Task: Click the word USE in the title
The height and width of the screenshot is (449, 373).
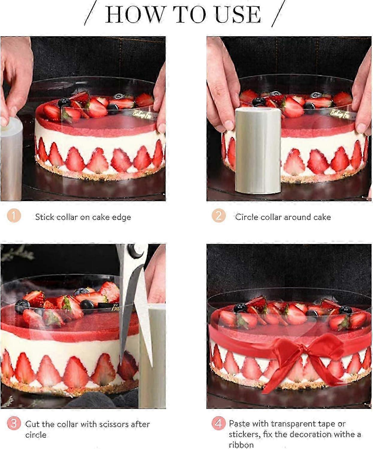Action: tap(238, 14)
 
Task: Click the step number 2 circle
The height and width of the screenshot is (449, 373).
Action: tap(218, 216)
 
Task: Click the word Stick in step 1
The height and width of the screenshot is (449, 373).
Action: tap(45, 217)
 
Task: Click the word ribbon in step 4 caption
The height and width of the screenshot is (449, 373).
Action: tap(241, 445)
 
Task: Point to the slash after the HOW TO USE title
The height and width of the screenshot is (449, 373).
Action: tap(278, 13)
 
